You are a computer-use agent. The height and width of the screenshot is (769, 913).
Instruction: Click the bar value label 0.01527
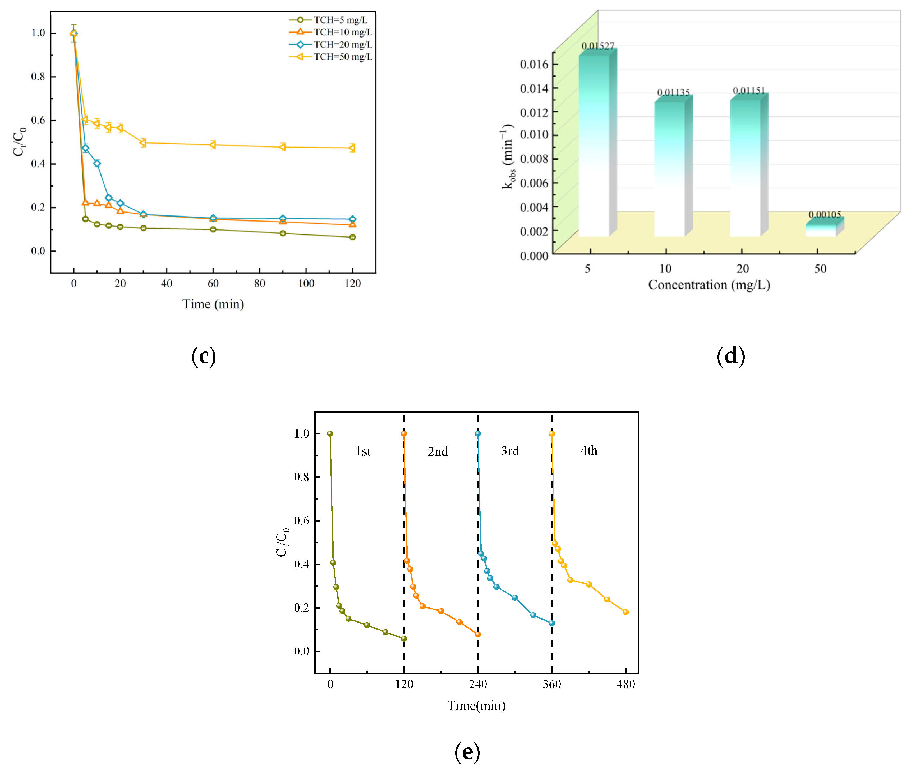[598, 46]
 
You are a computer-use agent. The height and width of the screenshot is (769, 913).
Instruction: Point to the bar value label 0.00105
[824, 215]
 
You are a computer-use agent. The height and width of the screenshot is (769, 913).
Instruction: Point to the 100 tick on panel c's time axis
[306, 283]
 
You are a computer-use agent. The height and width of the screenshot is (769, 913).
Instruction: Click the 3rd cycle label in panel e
[510, 451]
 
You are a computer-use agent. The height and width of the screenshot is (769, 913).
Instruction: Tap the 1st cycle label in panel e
[363, 451]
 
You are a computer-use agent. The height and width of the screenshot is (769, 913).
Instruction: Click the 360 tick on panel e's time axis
[551, 684]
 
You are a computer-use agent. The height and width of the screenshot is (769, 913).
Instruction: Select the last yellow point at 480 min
[626, 612]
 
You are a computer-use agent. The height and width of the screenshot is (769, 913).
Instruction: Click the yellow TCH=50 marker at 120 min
[352, 148]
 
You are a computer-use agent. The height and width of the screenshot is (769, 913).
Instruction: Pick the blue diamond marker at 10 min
[97, 164]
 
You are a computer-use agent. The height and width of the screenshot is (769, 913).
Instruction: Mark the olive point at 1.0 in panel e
[330, 434]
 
